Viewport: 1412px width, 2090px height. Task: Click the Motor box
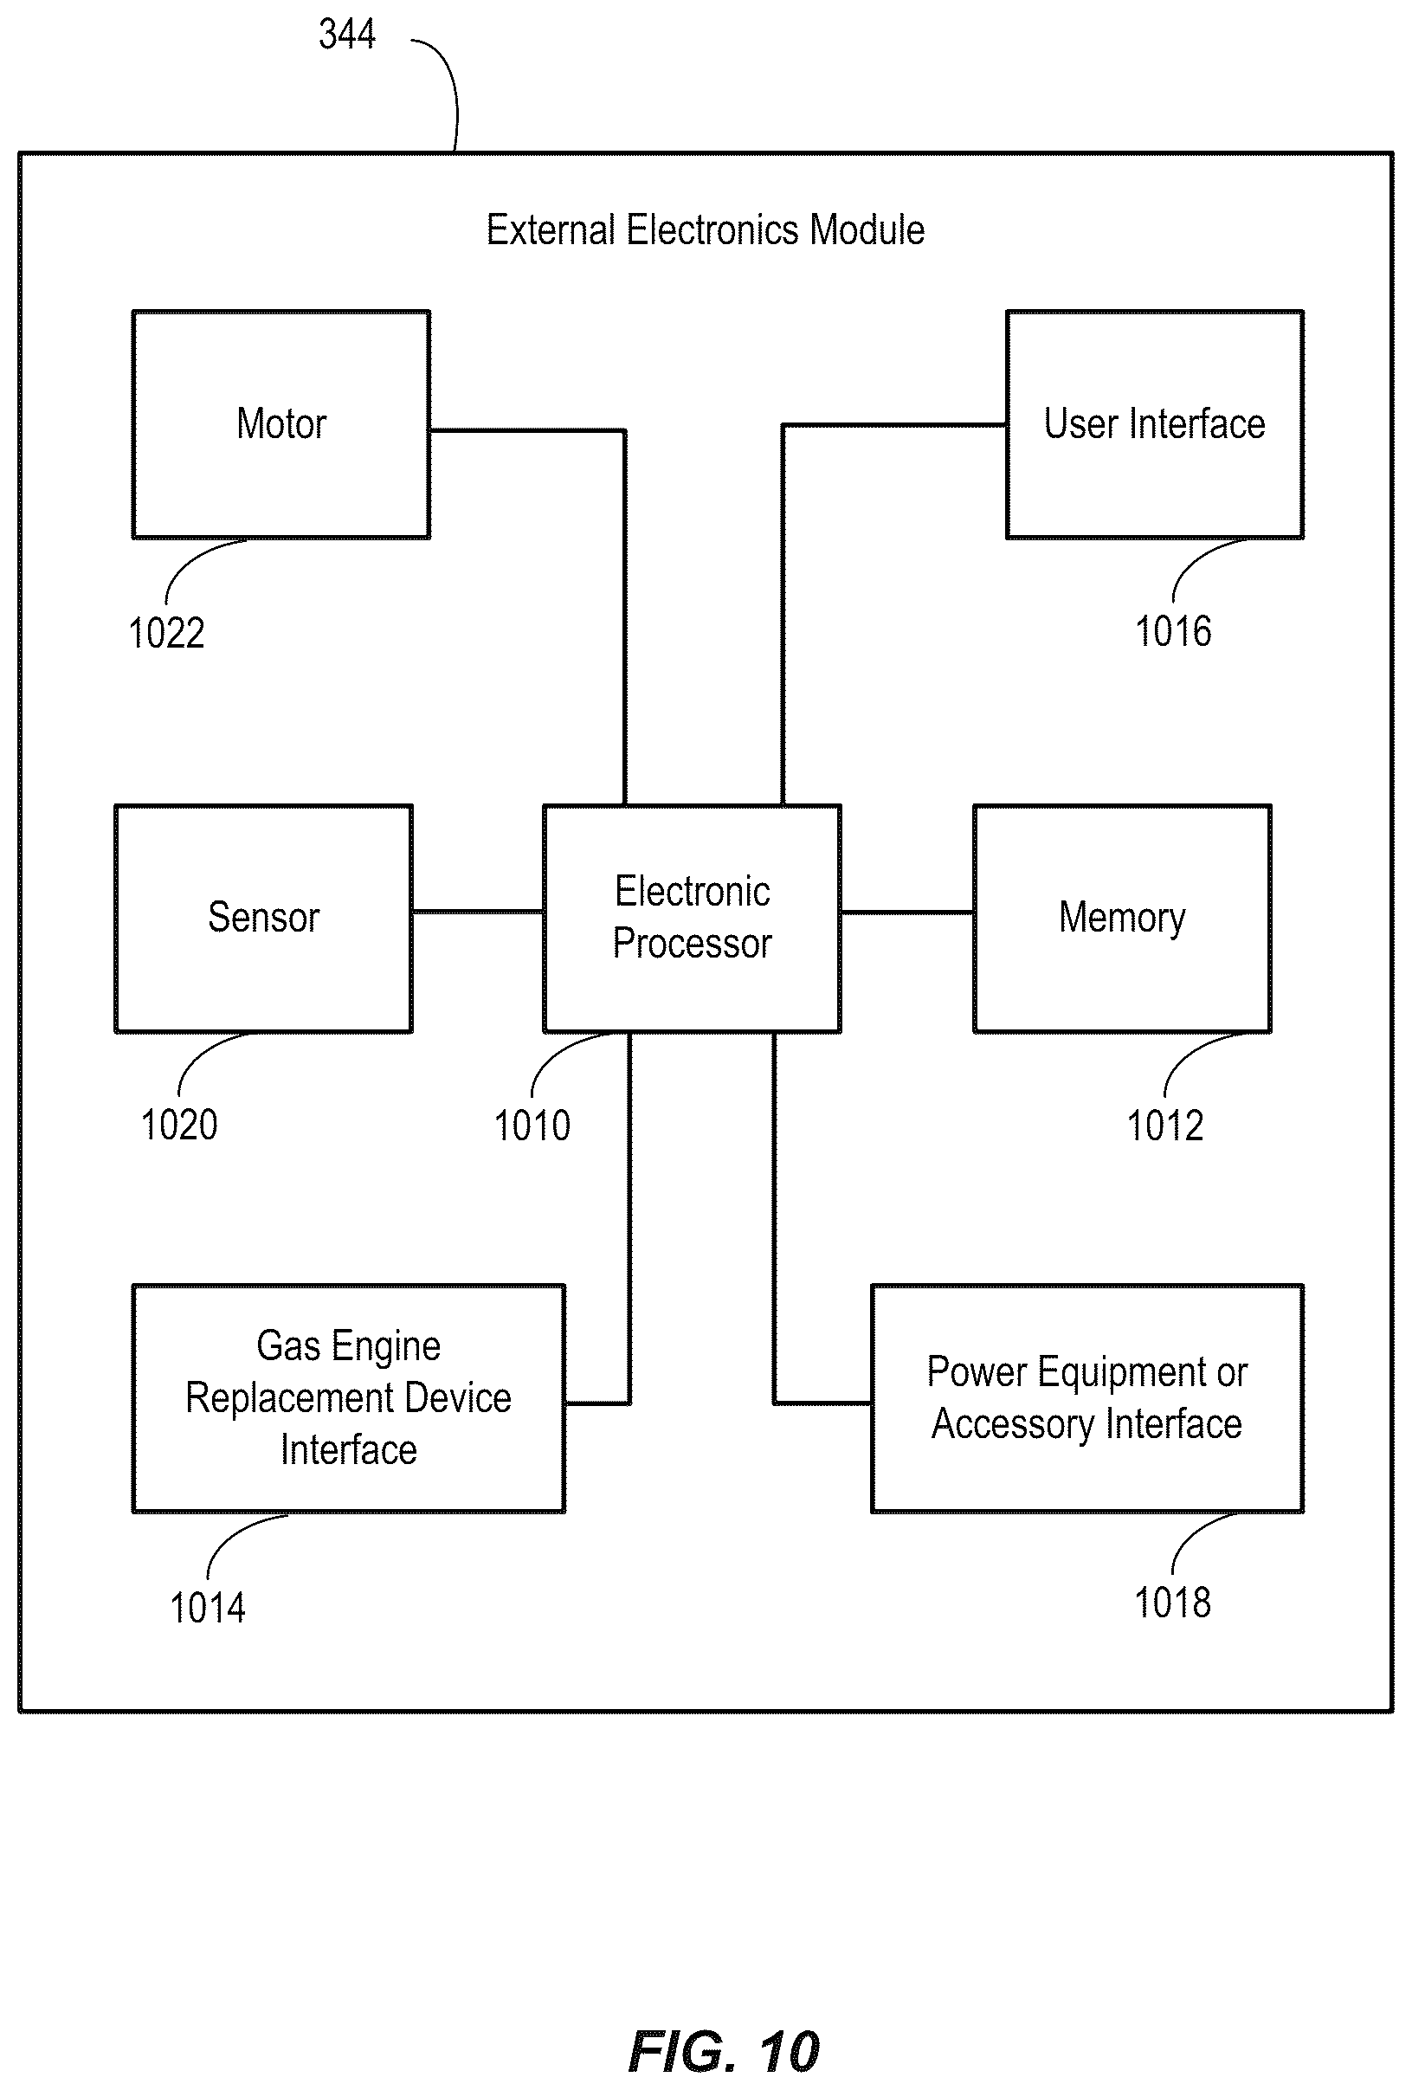281,424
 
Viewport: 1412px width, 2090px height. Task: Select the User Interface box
1155,424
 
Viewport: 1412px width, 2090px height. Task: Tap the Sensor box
263,919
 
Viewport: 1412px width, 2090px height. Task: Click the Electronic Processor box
693,919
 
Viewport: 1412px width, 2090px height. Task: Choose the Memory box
1122,919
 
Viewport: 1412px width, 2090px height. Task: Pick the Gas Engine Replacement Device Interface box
349,1398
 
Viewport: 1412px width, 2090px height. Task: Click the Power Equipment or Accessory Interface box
1087,1398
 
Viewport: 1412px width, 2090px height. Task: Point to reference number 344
347,34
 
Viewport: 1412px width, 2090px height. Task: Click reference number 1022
166,633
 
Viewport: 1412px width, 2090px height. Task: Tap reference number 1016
1173,631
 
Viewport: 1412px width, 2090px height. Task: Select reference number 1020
179,1125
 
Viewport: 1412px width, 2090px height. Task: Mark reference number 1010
532,1126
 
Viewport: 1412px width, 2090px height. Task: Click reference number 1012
1164,1126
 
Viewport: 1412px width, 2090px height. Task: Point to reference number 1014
208,1608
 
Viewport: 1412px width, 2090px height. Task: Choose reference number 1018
1173,1603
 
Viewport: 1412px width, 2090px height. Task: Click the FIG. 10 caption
724,2051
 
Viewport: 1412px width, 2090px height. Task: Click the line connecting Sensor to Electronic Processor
478,912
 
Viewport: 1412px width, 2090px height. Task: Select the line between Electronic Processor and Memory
907,913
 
